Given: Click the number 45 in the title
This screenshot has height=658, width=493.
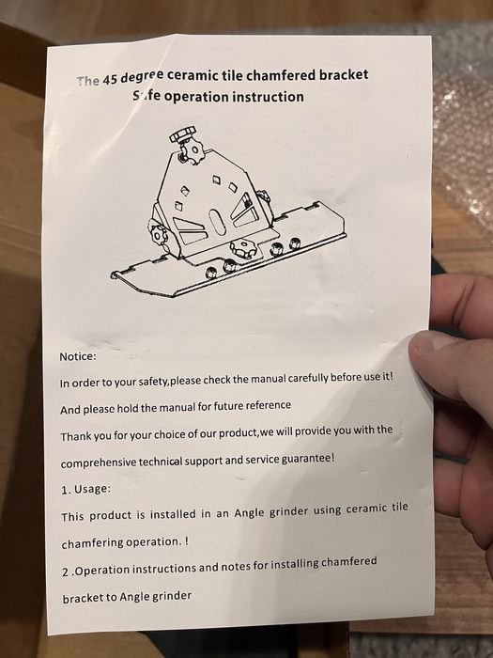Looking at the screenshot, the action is pyautogui.click(x=110, y=79).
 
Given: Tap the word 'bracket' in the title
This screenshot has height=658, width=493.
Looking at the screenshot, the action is pyautogui.click(x=344, y=74).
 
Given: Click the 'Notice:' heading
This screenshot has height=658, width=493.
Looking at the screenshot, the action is pyautogui.click(x=78, y=356).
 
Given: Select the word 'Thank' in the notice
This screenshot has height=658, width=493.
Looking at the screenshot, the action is pyautogui.click(x=75, y=436).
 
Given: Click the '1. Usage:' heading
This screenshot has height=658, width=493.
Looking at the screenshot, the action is pyautogui.click(x=86, y=490).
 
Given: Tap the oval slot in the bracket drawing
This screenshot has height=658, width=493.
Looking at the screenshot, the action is pyautogui.click(x=217, y=222).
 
